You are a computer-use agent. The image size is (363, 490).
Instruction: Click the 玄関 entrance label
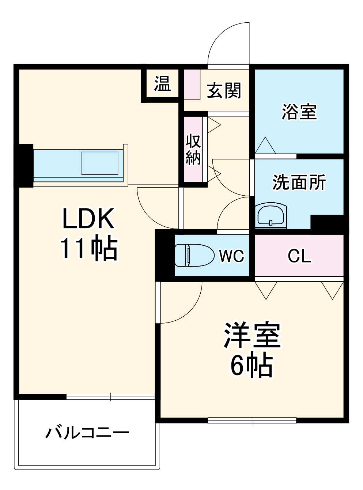tap(224, 90)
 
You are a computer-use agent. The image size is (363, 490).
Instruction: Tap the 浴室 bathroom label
tap(299, 112)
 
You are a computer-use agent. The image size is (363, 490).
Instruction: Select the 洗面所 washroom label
tap(299, 182)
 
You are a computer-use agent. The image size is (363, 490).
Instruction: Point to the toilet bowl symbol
tap(194, 255)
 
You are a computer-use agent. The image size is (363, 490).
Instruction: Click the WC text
tap(231, 256)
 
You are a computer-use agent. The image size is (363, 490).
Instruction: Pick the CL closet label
tap(299, 256)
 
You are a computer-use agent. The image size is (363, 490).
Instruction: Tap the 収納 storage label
tap(193, 149)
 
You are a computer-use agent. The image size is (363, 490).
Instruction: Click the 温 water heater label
tap(162, 84)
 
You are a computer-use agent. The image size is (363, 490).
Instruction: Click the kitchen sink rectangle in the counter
tap(100, 163)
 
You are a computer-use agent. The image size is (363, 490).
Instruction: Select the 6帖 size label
tap(252, 365)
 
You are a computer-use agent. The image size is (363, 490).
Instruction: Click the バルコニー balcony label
tap(87, 433)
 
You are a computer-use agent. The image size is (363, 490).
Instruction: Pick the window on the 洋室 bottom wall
tap(252, 420)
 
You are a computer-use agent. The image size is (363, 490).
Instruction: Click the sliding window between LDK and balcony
tap(110, 396)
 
